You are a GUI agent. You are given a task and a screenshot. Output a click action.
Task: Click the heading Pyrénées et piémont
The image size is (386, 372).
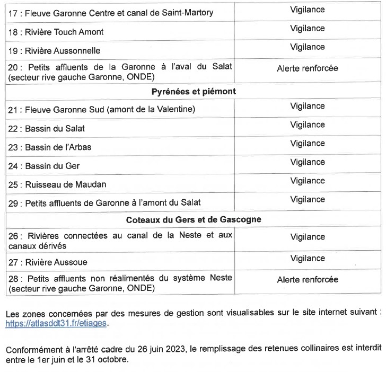point(193,91)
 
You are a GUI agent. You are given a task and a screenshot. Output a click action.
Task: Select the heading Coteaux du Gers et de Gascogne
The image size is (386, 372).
point(193,219)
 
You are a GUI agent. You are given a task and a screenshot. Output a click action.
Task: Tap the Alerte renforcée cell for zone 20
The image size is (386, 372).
point(307,68)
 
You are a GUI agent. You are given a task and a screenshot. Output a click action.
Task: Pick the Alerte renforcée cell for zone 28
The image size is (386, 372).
point(307,280)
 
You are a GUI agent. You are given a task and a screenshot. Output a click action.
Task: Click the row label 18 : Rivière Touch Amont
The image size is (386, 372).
point(56,32)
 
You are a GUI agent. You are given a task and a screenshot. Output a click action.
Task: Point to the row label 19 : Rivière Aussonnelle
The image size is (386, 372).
point(54,51)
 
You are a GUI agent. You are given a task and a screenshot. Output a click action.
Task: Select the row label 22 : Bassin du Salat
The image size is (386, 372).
point(47,128)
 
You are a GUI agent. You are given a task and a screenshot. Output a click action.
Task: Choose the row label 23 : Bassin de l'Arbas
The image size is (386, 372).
point(50,147)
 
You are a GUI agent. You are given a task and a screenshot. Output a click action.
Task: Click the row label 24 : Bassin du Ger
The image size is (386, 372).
point(44,166)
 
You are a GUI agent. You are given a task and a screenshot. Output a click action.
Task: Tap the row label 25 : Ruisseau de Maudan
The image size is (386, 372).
point(57,185)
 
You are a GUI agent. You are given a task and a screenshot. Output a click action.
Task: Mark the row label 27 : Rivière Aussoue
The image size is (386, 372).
point(48,262)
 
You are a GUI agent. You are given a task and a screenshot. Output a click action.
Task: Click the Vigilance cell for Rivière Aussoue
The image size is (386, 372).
point(307,258)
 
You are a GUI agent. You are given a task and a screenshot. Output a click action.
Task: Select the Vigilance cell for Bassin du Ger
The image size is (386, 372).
point(307,162)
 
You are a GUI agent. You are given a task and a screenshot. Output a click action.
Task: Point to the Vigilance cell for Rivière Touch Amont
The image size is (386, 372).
point(307,28)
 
